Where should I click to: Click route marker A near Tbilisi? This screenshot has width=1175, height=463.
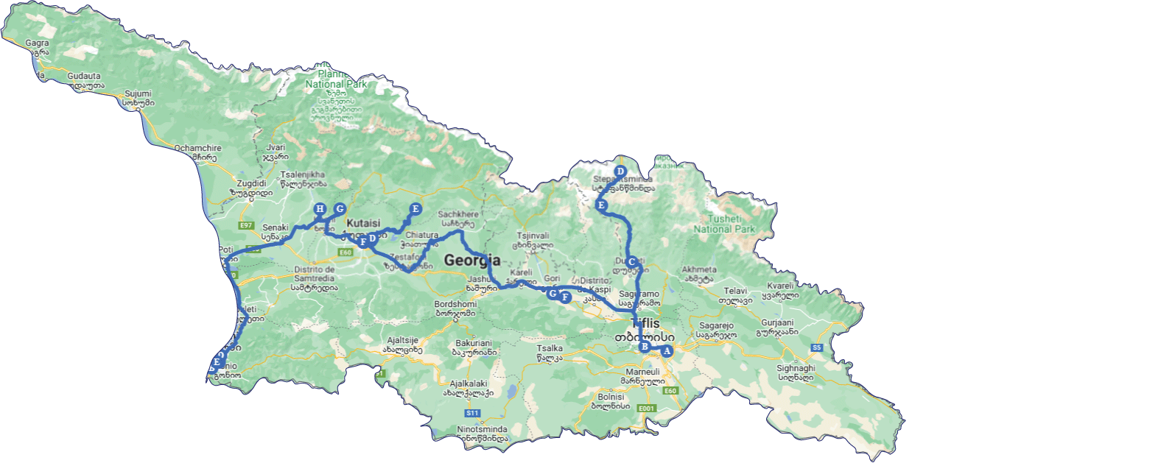(667, 351)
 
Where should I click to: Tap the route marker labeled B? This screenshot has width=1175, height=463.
(645, 347)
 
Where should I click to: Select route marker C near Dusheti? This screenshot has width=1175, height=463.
(631, 262)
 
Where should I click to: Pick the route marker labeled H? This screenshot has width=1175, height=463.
(320, 209)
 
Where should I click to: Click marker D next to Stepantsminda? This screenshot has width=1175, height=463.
(620, 172)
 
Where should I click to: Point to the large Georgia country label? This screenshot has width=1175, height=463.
(471, 260)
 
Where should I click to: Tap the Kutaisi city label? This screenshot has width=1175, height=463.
(363, 223)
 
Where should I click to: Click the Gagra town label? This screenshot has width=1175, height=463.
(37, 43)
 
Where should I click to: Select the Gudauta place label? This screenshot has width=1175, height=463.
(84, 76)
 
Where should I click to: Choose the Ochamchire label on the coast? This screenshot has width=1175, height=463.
(197, 148)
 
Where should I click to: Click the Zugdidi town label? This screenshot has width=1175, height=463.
(251, 183)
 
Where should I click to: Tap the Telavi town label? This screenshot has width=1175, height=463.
(735, 291)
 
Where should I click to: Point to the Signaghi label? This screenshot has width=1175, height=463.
(796, 368)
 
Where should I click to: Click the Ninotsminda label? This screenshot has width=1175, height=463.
(482, 429)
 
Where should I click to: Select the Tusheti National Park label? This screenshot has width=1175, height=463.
(724, 224)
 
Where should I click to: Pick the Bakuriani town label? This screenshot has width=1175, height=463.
(473, 343)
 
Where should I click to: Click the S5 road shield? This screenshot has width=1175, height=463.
(816, 347)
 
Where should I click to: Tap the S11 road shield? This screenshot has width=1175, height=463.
(472, 413)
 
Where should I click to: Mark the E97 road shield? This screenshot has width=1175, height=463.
(246, 226)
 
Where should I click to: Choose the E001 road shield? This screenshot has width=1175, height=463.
(646, 409)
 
